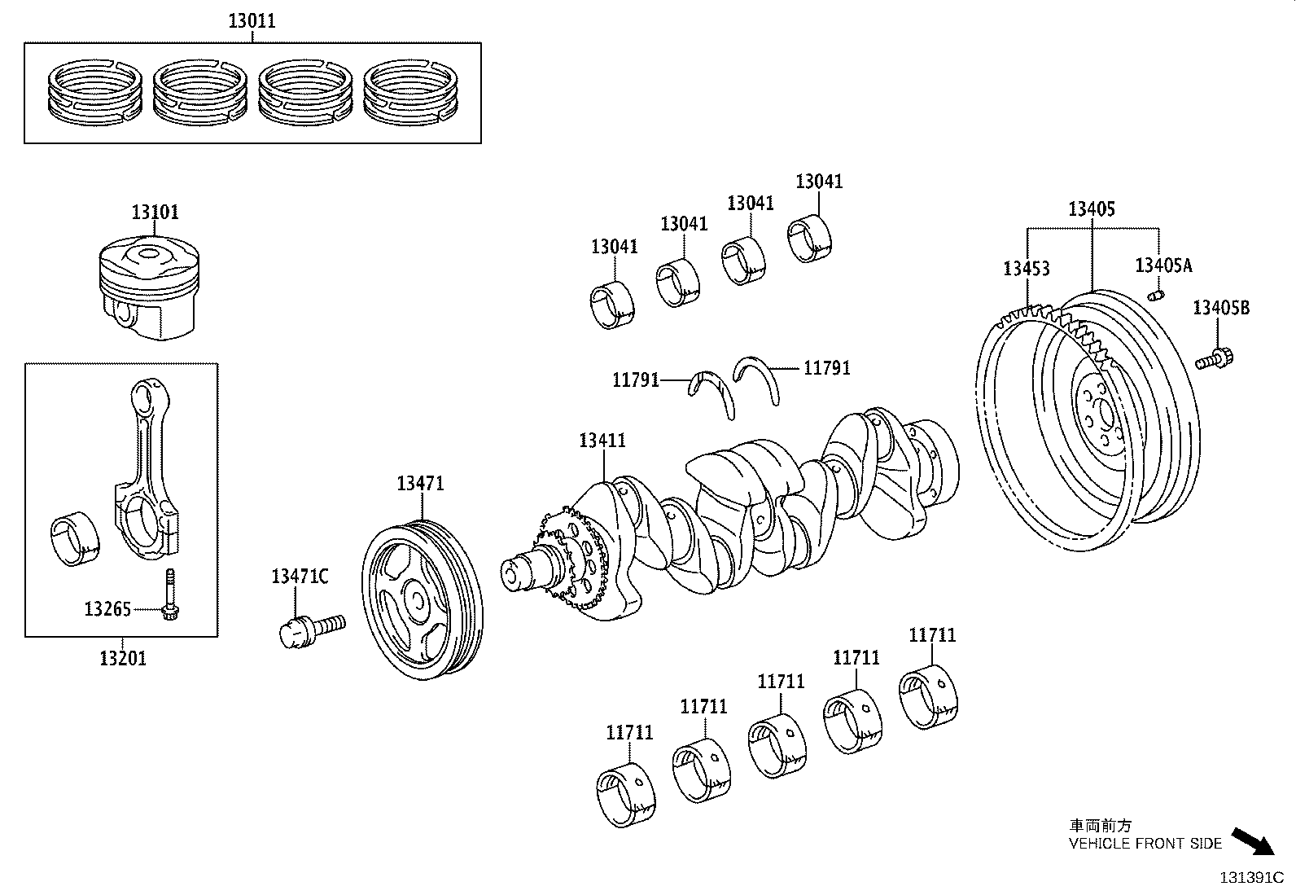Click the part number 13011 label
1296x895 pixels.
tap(252, 21)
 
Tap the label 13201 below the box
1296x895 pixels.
tap(123, 658)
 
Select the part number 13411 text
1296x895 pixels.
tap(602, 441)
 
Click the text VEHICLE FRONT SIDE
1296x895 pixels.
tap(1145, 844)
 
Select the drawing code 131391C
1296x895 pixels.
tap(1250, 878)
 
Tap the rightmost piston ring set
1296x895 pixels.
tap(409, 93)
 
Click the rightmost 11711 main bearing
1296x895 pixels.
tap(929, 696)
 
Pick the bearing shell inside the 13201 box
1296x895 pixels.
tap(75, 537)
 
